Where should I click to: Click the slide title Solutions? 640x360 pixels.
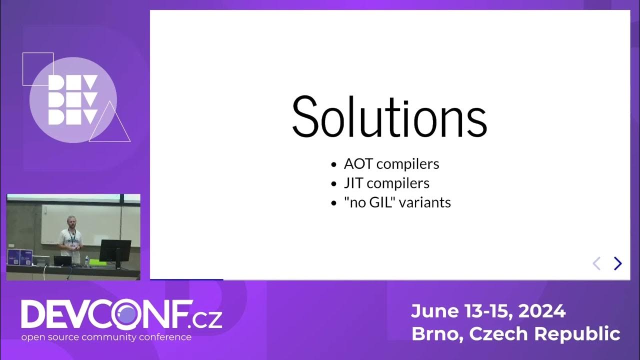[x=389, y=117]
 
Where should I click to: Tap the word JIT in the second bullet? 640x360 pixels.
[x=353, y=183]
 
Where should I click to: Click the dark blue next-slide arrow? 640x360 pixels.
[x=618, y=263]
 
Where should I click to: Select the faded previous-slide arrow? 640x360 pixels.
[x=596, y=263]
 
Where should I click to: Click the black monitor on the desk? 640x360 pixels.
[x=114, y=250]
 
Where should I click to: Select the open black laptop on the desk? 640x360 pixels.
[x=62, y=260]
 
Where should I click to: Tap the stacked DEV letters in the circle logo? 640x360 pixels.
[x=72, y=100]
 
